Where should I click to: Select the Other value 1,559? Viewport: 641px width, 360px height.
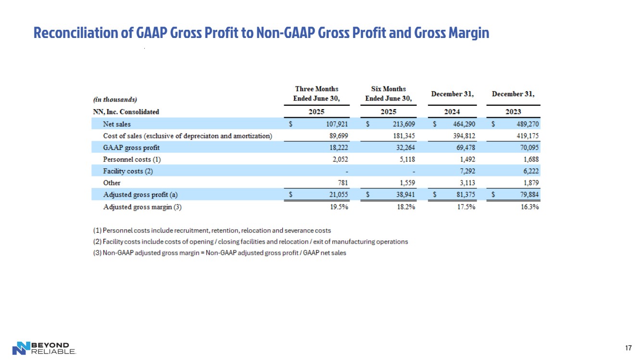405,183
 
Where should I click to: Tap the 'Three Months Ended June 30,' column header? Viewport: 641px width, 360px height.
316,94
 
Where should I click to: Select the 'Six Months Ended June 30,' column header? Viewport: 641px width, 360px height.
389,94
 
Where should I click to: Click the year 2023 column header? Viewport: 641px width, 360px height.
513,112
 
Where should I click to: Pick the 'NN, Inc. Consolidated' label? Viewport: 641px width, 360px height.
126,112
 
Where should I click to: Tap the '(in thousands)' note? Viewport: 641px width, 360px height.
115,99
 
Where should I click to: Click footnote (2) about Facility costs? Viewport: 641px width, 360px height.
251,242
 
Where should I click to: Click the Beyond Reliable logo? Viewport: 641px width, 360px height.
44,348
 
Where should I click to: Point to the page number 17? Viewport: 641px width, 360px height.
628,348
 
